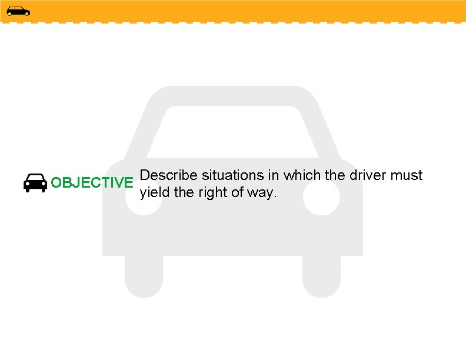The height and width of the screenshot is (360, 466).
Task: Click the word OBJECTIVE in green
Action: click(92, 182)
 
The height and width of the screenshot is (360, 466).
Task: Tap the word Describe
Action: click(169, 175)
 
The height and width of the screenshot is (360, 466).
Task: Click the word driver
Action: click(368, 175)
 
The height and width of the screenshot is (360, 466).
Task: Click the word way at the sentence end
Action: click(262, 194)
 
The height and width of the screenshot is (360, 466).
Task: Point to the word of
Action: click(239, 192)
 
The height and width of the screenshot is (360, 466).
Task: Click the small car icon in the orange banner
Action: click(18, 11)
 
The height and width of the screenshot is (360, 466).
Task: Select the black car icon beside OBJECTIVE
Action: click(35, 183)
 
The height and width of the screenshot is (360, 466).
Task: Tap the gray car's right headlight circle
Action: click(321, 198)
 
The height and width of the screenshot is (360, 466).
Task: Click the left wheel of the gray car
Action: click(144, 276)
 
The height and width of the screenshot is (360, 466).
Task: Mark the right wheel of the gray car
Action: click(321, 276)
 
